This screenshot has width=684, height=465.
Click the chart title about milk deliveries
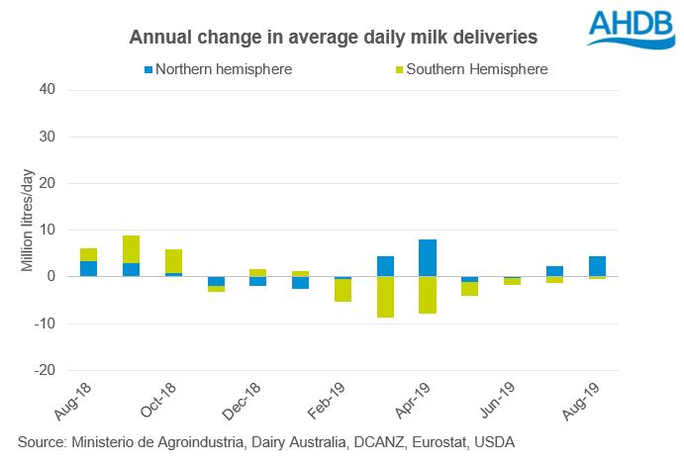click(x=334, y=38)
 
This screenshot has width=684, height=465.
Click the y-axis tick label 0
click(x=49, y=277)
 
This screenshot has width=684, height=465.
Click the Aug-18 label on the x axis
click(x=76, y=399)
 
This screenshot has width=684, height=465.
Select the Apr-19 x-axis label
click(x=417, y=399)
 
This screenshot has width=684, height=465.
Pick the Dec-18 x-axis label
click(x=246, y=399)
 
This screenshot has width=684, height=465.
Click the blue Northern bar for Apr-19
click(x=428, y=258)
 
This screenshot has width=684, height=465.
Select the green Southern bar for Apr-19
click(x=428, y=295)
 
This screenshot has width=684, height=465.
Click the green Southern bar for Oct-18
click(x=173, y=261)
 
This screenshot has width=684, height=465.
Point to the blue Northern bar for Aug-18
click(x=88, y=268)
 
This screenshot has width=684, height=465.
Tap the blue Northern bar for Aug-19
click(x=597, y=266)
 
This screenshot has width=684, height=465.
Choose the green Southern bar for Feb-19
click(x=342, y=291)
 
